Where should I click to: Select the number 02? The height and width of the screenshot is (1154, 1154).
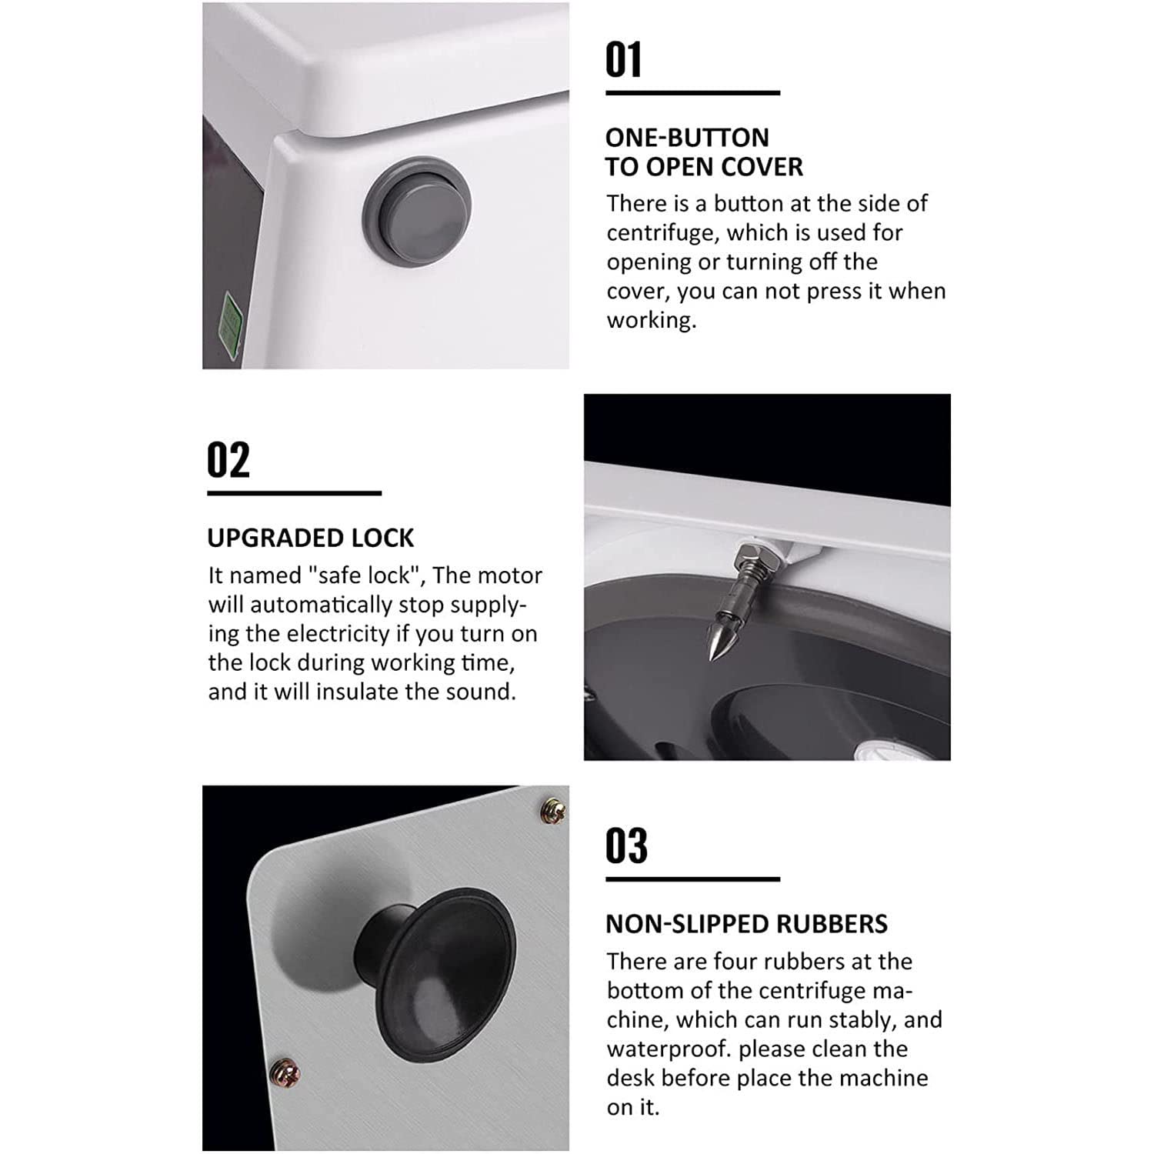[228, 459]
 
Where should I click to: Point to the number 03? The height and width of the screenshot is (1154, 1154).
[626, 845]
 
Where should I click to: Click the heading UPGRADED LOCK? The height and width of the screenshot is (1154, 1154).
[310, 538]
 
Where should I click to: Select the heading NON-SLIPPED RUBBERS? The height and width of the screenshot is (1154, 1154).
[746, 924]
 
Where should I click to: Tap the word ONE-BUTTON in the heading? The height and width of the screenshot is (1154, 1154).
[687, 138]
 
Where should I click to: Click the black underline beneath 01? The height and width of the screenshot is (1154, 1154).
[692, 93]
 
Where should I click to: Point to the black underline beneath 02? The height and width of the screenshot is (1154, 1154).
[294, 493]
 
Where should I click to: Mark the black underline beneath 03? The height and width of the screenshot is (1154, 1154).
[692, 879]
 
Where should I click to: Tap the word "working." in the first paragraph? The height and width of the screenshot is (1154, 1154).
[652, 321]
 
